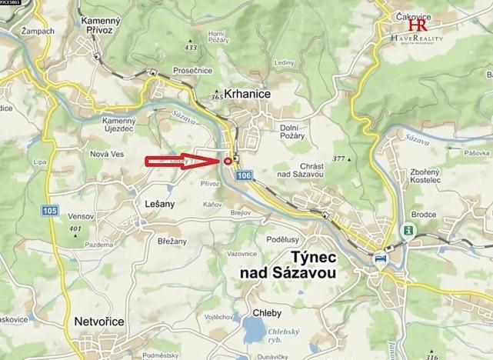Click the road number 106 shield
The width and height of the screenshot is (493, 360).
244,177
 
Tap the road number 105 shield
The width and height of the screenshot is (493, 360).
50,210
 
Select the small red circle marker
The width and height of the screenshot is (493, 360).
228,161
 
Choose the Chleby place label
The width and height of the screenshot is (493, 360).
266,313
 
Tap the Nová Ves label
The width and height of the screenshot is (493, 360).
107,154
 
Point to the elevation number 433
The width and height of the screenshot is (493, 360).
190,48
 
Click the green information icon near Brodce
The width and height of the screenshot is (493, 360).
406,229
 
